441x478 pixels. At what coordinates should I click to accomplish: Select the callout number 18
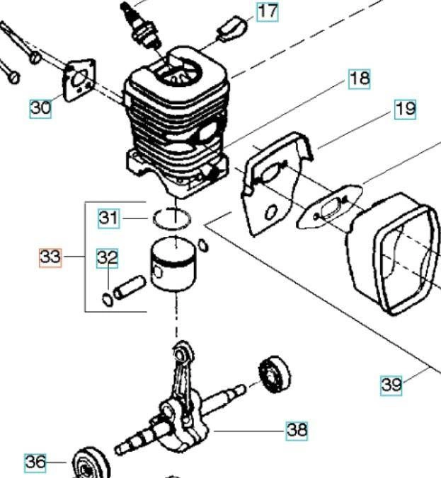tap(360, 78)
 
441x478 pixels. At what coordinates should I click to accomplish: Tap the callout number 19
tap(405, 110)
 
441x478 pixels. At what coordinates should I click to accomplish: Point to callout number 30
tap(40, 108)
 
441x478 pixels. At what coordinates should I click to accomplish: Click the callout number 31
tap(108, 217)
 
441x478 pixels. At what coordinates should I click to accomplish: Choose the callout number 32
tap(108, 259)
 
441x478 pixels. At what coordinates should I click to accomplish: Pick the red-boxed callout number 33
tap(50, 257)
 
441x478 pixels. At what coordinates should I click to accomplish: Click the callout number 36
tap(35, 462)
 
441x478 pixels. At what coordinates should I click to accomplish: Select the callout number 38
tap(297, 429)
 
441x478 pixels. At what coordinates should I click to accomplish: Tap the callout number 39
tap(391, 385)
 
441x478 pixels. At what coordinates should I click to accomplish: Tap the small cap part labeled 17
tap(231, 30)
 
